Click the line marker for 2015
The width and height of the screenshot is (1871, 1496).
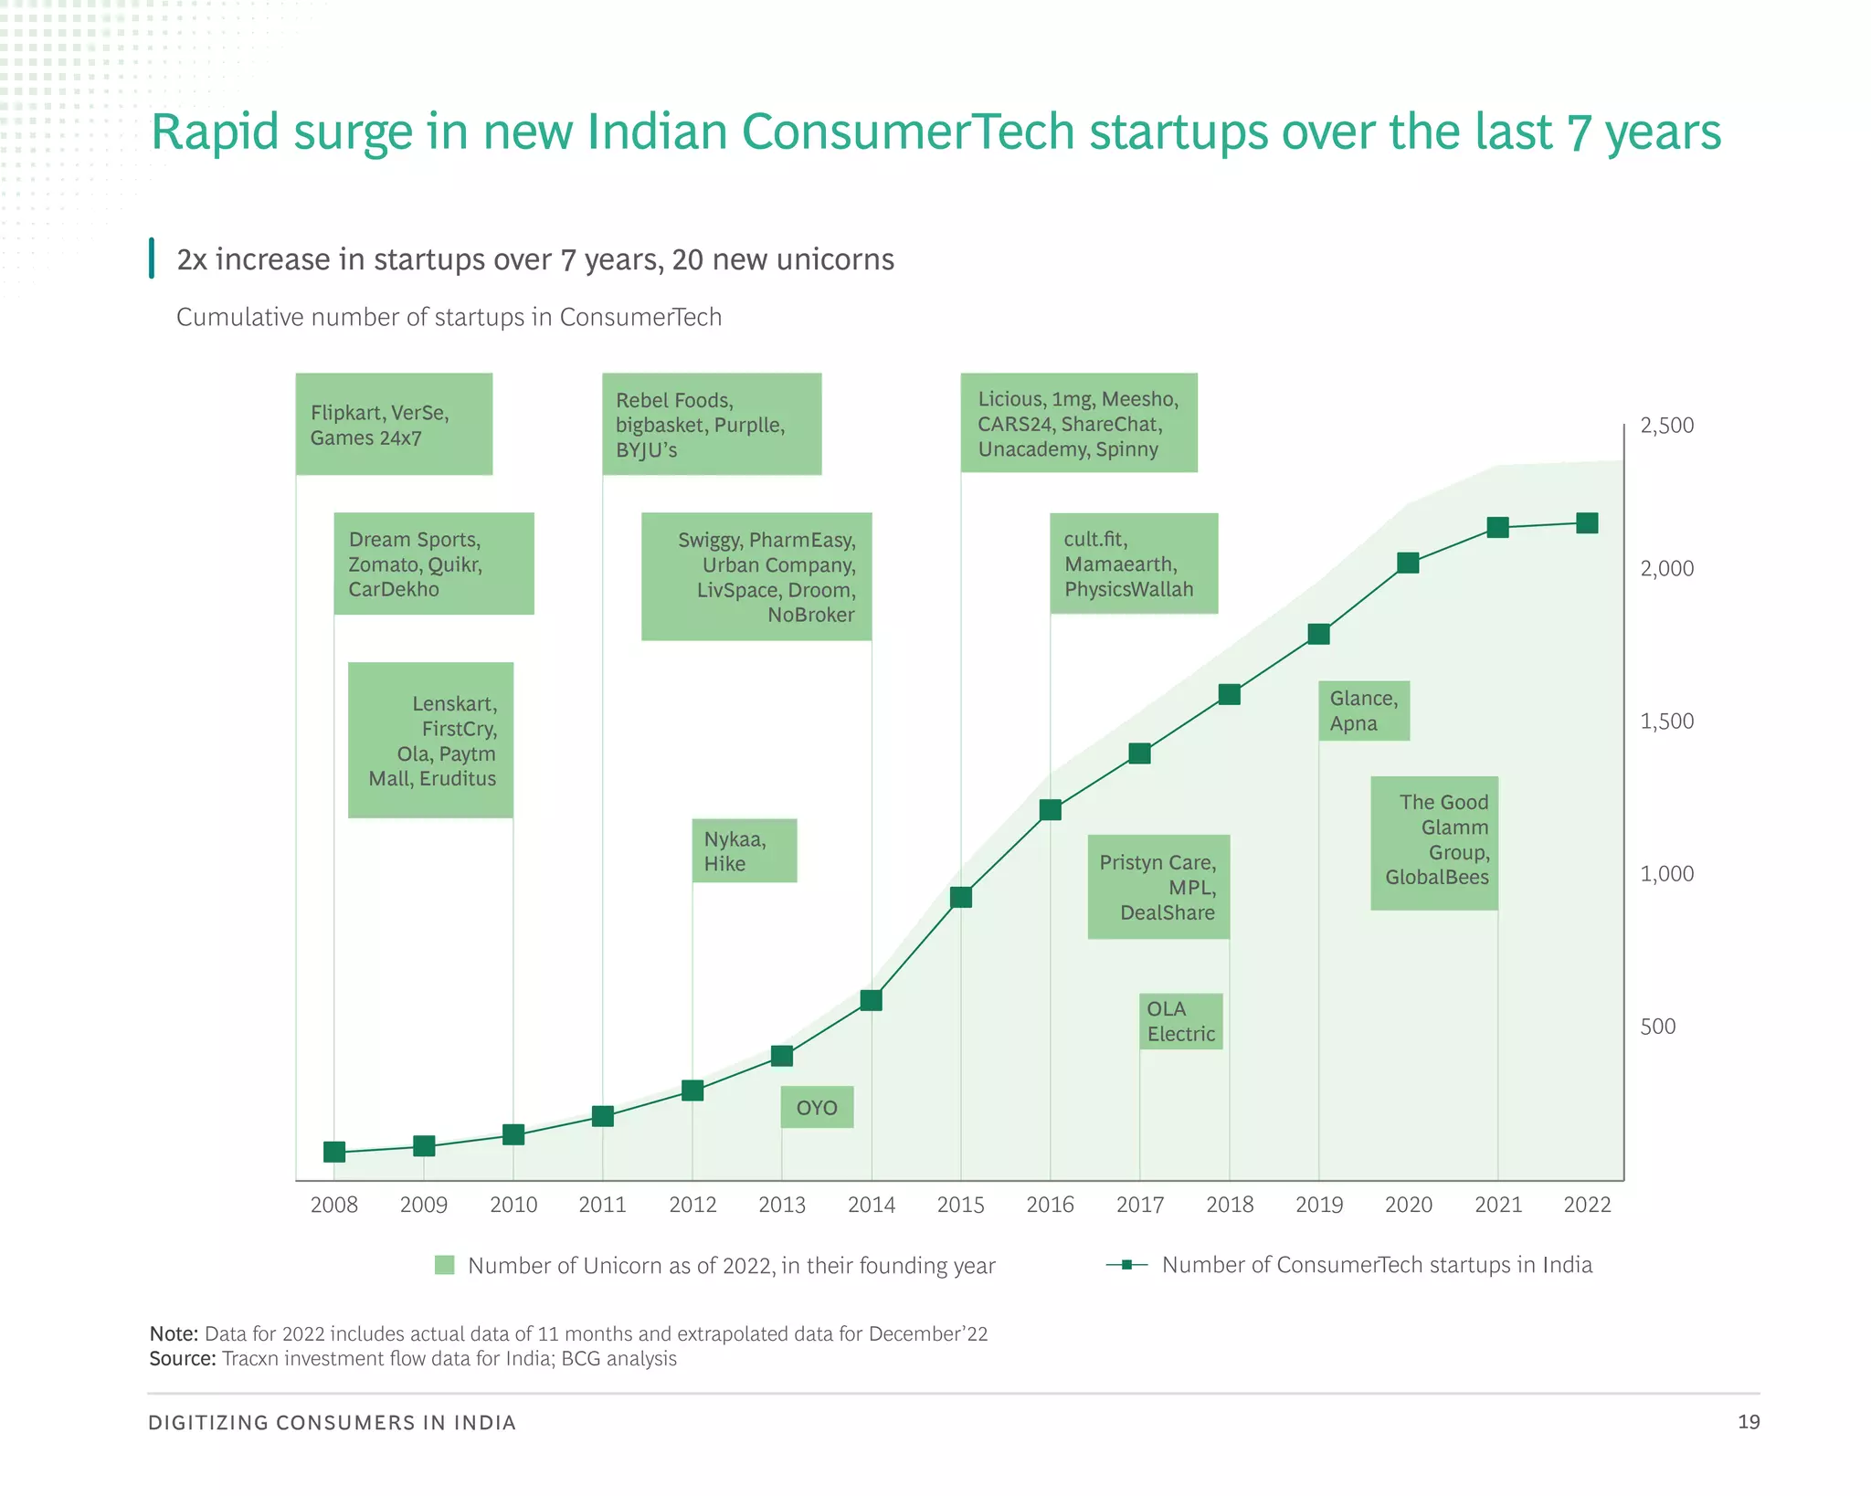tap(960, 897)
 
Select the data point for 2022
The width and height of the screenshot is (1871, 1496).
tap(1587, 522)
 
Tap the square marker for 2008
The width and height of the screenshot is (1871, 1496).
tap(334, 1152)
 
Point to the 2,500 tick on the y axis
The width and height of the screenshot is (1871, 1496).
tap(1666, 426)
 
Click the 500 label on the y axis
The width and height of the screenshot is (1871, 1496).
tap(1657, 1027)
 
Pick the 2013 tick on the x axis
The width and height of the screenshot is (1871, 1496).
tap(782, 1205)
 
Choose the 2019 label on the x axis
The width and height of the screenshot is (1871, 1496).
tap(1318, 1205)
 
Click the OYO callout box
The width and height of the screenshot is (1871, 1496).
tap(817, 1107)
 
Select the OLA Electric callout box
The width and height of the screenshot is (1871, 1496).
tap(1180, 1021)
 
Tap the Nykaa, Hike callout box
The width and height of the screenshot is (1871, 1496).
tap(744, 850)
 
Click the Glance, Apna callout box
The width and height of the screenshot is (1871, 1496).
tap(1363, 711)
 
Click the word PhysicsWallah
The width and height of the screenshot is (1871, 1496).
tap(1128, 589)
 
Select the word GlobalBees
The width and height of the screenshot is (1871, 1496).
tap(1436, 877)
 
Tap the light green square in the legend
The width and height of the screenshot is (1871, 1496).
tap(445, 1265)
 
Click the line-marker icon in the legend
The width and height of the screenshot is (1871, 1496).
tap(1126, 1265)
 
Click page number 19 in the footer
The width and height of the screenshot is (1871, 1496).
tap(1748, 1421)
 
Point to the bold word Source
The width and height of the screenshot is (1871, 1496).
tap(182, 1358)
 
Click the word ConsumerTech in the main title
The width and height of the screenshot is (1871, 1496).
tap(907, 132)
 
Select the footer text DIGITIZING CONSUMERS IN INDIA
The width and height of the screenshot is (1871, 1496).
tap(332, 1422)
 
